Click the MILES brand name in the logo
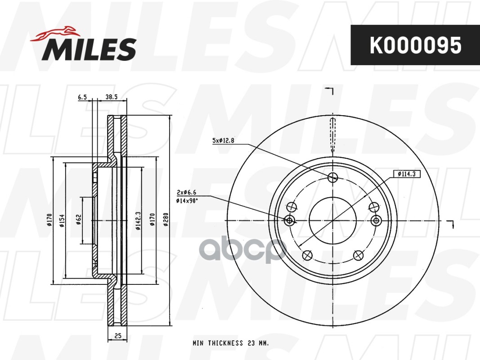point(89,49)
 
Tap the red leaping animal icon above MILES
point(55,33)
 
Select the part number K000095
point(415,45)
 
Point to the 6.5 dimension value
point(82,97)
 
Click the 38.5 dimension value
point(111,97)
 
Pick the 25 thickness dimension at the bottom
point(117,336)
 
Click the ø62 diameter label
point(78,220)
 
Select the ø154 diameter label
point(62,220)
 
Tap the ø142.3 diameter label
point(137,220)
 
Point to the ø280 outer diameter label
point(166,220)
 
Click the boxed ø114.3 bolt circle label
point(406,174)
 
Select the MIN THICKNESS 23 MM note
point(231,343)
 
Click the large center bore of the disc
point(333,220)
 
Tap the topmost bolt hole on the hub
point(333,177)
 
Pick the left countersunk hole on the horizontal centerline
point(290,220)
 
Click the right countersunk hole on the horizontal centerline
point(376,220)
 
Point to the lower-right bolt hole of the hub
point(359,255)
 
